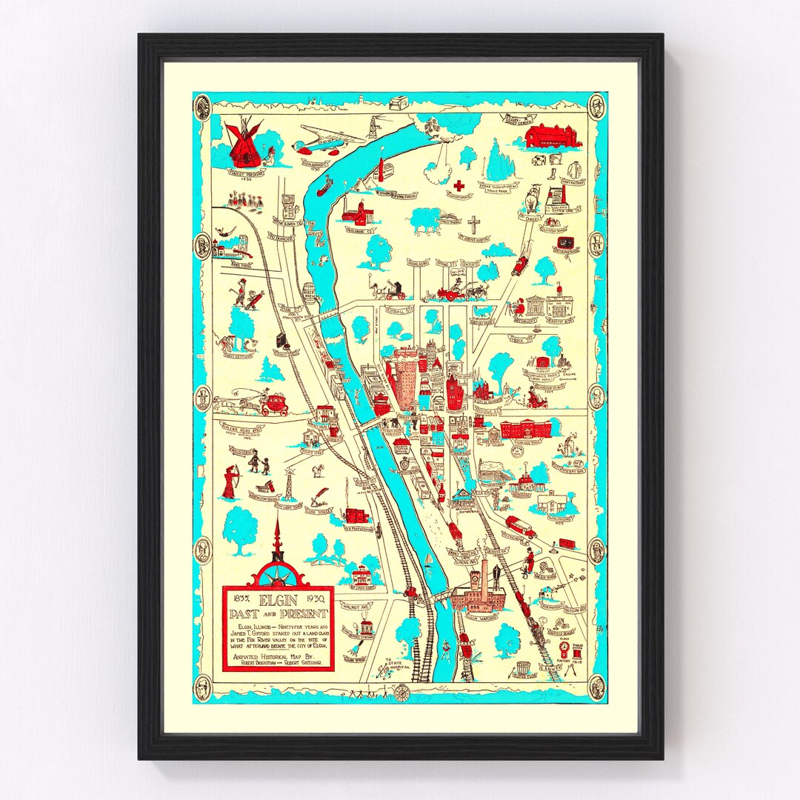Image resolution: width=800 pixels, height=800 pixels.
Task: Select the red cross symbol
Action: point(459,185)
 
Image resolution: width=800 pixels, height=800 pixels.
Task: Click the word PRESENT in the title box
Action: point(304,613)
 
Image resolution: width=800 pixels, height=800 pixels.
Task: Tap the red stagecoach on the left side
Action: point(274,404)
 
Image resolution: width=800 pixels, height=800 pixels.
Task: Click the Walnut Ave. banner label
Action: point(355,606)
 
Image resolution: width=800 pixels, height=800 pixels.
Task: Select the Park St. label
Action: point(521,339)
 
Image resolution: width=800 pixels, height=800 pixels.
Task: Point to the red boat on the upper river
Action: point(325,189)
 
